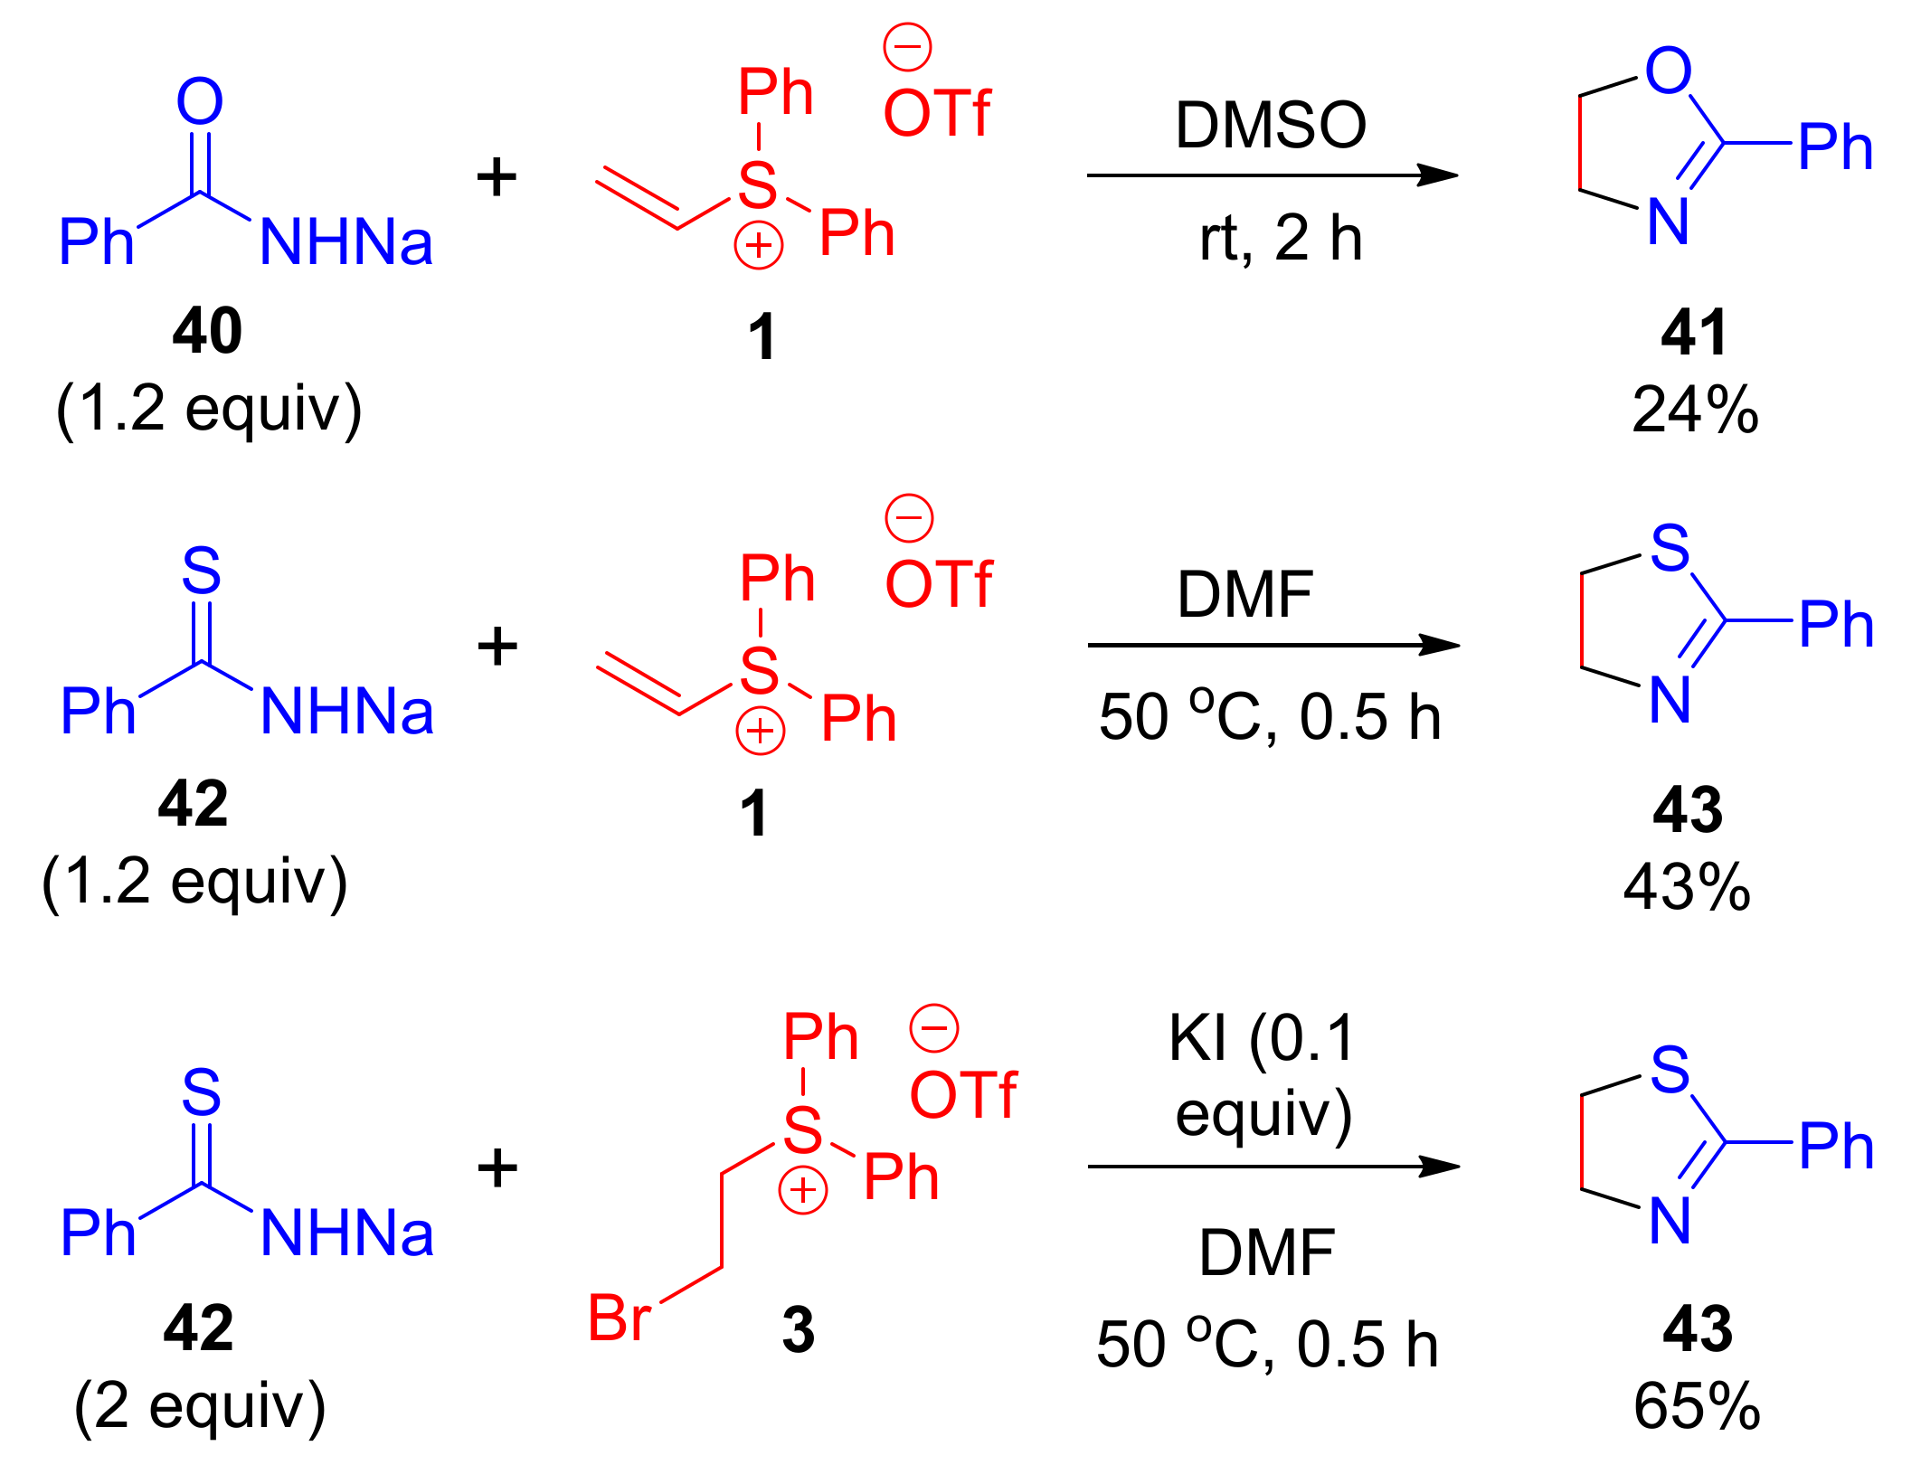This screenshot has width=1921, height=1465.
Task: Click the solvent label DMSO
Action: tap(1270, 125)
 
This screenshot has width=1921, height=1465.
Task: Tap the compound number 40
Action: tap(207, 331)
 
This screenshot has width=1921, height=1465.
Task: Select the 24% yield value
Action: tap(1695, 411)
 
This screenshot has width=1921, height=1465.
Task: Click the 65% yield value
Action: tap(1697, 1406)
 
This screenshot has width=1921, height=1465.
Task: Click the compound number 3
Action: tap(798, 1330)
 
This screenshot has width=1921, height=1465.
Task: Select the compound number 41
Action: tap(1694, 333)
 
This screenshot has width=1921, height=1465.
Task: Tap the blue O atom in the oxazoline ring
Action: tap(1668, 71)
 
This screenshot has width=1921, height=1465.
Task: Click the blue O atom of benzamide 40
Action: tap(199, 101)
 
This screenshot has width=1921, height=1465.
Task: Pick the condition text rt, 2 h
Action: tap(1280, 239)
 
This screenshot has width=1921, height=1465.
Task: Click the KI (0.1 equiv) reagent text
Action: tap(1263, 1076)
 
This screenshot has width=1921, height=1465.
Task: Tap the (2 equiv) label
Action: tap(200, 1407)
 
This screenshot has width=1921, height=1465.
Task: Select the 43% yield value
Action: tap(1687, 887)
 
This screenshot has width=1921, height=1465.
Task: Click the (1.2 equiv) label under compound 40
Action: tap(209, 410)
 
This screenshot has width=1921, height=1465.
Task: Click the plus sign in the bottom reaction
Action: tap(497, 1167)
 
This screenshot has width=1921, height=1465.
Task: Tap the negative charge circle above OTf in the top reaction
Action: tap(907, 47)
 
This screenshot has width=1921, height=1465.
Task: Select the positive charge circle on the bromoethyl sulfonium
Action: tap(803, 1191)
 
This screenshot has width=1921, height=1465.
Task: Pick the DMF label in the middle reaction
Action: tap(1244, 595)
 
